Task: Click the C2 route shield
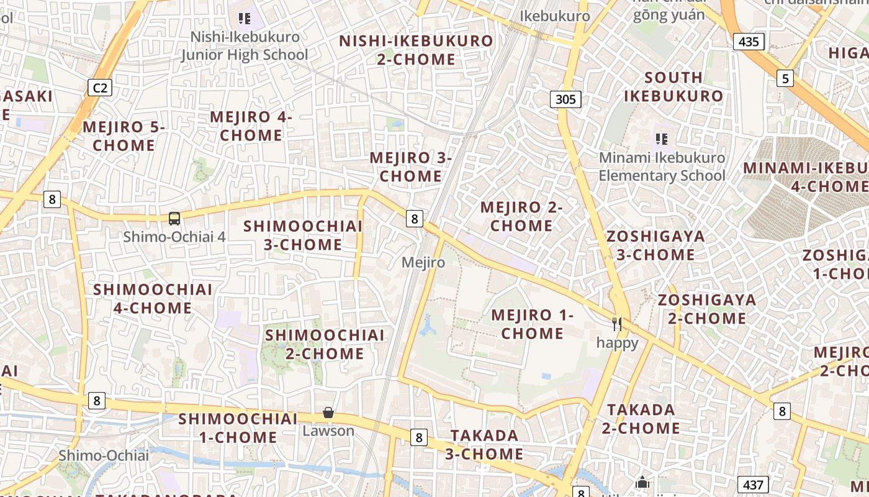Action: click(100, 88)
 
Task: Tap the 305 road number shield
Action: click(565, 99)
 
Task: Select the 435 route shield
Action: click(749, 42)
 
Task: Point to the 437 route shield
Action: click(754, 485)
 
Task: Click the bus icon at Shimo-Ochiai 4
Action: click(174, 218)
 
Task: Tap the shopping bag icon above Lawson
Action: click(328, 413)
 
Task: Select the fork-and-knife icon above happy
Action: click(617, 324)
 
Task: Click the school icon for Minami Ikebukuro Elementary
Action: click(661, 139)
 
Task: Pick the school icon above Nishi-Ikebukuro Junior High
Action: click(245, 19)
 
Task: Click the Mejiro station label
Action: click(423, 262)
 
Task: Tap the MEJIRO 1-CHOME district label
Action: click(533, 324)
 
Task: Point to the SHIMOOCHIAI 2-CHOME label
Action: click(325, 344)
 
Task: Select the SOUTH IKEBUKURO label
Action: click(673, 87)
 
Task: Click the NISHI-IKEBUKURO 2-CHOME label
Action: click(416, 50)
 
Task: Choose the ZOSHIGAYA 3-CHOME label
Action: click(655, 245)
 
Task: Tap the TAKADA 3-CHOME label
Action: click(484, 445)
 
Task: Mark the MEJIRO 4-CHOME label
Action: click(251, 126)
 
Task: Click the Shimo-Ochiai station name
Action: click(104, 455)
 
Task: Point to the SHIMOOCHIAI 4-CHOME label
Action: click(153, 299)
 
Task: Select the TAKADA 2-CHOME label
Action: click(641, 419)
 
